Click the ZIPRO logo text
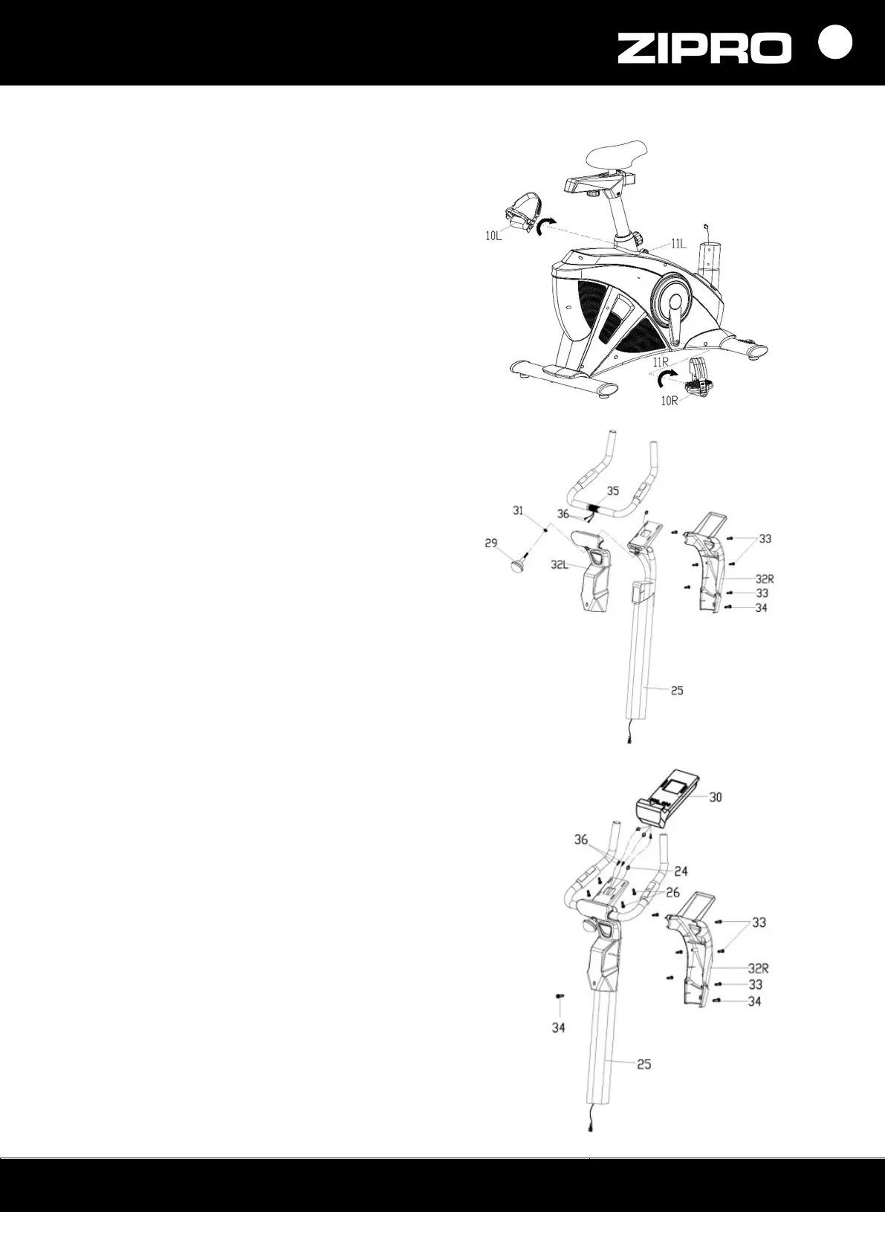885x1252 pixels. coord(704,49)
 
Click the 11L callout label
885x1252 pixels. coord(678,243)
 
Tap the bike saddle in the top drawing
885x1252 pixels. coord(617,153)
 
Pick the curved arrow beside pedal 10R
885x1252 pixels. coord(660,379)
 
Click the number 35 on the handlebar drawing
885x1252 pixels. coord(612,491)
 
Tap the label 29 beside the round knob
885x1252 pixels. coord(492,543)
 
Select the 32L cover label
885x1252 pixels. coord(560,564)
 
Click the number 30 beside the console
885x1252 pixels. coord(715,797)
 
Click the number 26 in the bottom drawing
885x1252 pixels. coord(673,892)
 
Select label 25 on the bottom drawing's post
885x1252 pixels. coord(644,1065)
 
